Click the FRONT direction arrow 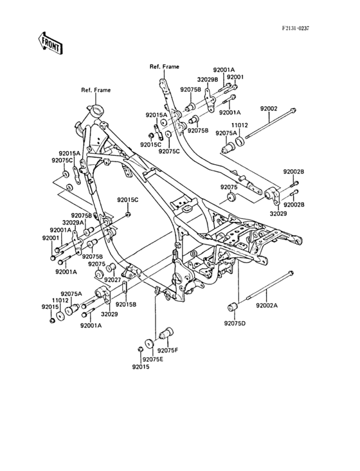pyautogui.click(x=50, y=43)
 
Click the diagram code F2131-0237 pyautogui.click(x=295, y=28)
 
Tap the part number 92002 pyautogui.click(x=269, y=109)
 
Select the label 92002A pyautogui.click(x=267, y=306)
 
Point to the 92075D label pyautogui.click(x=235, y=324)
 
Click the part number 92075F pyautogui.click(x=168, y=350)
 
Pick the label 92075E pyautogui.click(x=153, y=359)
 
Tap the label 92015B pyautogui.click(x=126, y=304)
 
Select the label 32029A pyautogui.click(x=73, y=222)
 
